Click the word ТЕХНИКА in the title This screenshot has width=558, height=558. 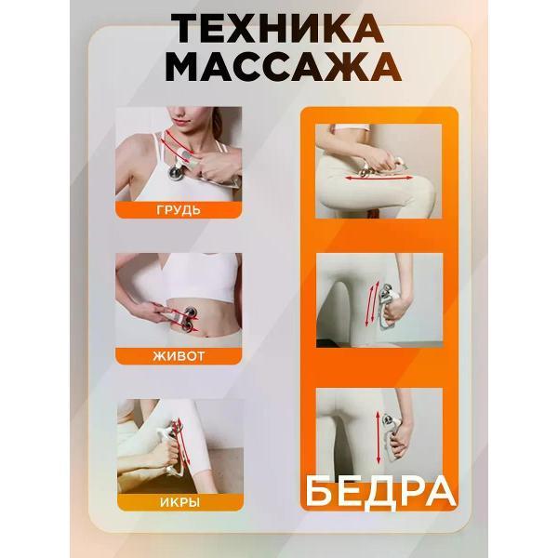coord(277,30)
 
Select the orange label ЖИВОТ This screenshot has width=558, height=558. coord(179,354)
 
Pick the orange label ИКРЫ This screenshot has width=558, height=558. coord(179,502)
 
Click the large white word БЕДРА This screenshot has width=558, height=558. coord(379,489)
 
